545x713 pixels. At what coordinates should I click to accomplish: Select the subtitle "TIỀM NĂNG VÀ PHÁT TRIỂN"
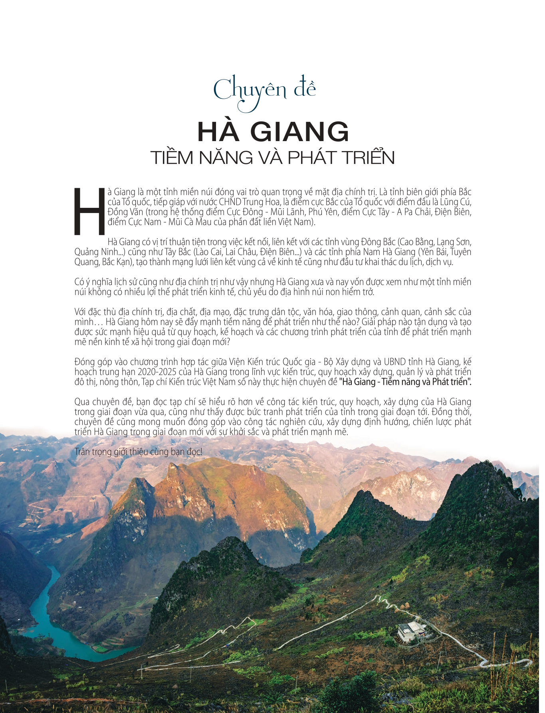point(273,157)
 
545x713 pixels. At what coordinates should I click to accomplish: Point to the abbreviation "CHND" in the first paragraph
point(230,202)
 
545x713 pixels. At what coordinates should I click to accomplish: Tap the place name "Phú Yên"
point(323,212)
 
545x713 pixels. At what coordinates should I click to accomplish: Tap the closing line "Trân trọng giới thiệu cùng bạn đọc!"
point(139,452)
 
